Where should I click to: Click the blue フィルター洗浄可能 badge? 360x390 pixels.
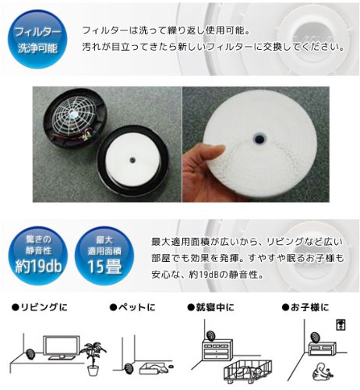point(37,39)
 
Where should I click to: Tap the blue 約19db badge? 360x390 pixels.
point(38,255)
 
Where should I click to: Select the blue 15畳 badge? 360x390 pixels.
point(104,255)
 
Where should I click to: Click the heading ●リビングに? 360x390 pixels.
point(40,307)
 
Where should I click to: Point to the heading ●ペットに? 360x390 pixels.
point(132,307)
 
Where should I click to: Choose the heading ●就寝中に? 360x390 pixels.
point(210,307)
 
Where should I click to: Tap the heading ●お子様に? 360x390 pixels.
point(305,307)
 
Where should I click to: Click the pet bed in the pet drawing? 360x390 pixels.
point(154,369)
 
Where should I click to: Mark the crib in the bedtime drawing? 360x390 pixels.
point(248,371)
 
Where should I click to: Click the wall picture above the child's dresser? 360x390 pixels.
point(341,324)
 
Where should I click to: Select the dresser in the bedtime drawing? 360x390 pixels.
point(217,349)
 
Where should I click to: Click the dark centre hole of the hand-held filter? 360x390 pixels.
point(259,138)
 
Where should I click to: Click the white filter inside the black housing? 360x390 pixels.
point(132,158)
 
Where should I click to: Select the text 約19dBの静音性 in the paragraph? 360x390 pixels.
point(226,275)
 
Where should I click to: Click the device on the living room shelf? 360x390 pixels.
point(30,354)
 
